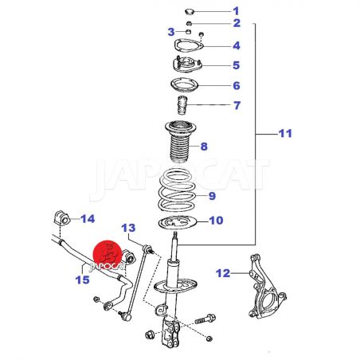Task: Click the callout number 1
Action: pyautogui.click(x=236, y=11)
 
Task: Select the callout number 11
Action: pyautogui.click(x=285, y=133)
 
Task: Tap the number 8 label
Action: pyautogui.click(x=204, y=147)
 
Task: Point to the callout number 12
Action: pyautogui.click(x=223, y=273)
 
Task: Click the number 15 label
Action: pyautogui.click(x=82, y=280)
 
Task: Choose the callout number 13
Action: pyautogui.click(x=128, y=228)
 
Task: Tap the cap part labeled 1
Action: pyautogui.click(x=190, y=12)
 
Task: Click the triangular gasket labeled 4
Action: pyautogui.click(x=189, y=45)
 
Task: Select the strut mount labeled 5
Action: pyautogui.click(x=187, y=65)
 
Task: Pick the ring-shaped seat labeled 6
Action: pyautogui.click(x=184, y=85)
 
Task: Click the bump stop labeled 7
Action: pyautogui.click(x=182, y=105)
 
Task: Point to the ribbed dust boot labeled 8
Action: pyautogui.click(x=181, y=142)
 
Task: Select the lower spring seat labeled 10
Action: pyautogui.click(x=177, y=223)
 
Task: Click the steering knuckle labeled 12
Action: pyautogui.click(x=267, y=287)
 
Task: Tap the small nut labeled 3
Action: pyautogui.click(x=188, y=32)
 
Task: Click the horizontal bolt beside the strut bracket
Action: pyautogui.click(x=205, y=319)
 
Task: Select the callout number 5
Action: pyautogui.click(x=236, y=65)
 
